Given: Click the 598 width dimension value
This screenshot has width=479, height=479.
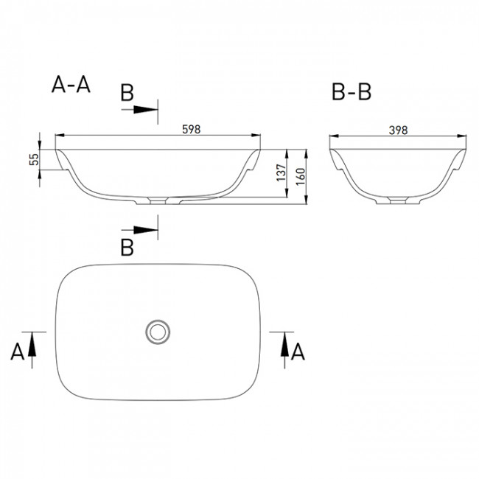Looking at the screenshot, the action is tap(192, 130).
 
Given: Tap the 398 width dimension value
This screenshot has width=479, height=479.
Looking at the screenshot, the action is tap(399, 130).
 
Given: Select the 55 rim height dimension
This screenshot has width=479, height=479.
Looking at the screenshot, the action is tap(34, 159).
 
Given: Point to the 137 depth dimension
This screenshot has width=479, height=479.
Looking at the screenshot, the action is tap(281, 172).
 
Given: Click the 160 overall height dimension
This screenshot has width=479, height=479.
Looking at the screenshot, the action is tap(301, 176).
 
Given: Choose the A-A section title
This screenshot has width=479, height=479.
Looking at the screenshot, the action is tap(71, 84).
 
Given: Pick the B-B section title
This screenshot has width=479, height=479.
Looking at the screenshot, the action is tap(352, 91).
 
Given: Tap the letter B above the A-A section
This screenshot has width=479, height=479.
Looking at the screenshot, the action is tap(127, 93).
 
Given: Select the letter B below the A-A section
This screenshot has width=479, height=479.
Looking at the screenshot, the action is tap(127, 248).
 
